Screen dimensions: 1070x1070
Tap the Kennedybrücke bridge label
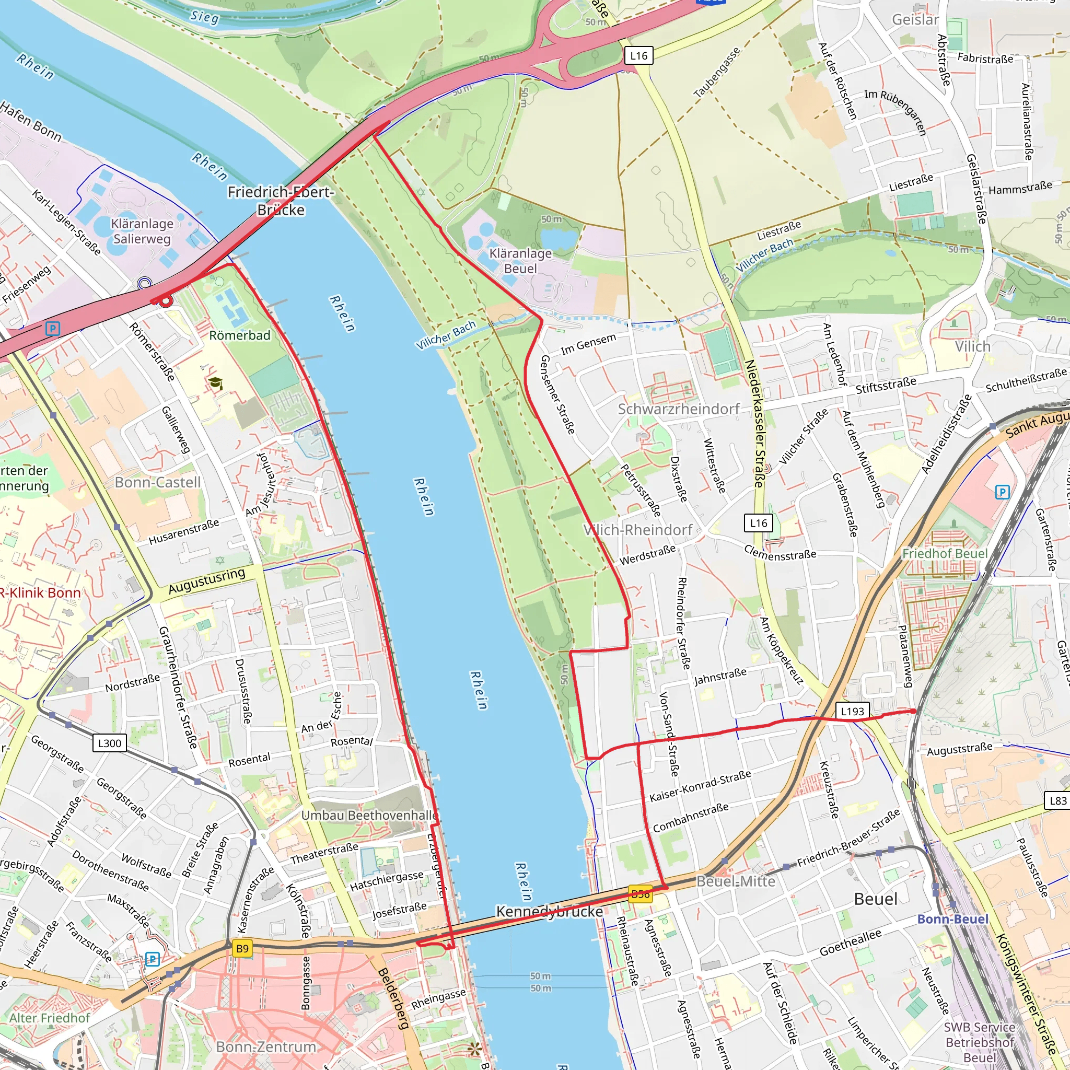(x=549, y=912)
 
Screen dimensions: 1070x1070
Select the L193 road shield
(x=852, y=711)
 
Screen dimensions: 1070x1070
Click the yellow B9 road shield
(x=242, y=949)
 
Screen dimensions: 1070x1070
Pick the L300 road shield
(x=109, y=743)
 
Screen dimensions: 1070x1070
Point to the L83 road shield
(x=1057, y=801)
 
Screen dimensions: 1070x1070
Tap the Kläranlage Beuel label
(x=520, y=261)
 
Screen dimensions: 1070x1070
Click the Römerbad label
(x=240, y=335)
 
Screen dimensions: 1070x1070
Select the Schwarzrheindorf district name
(x=679, y=409)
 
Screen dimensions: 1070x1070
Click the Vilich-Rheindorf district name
(x=637, y=530)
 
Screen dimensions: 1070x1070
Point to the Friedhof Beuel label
(x=944, y=554)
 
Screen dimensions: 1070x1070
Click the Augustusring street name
(x=206, y=581)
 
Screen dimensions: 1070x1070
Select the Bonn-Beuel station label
(x=952, y=920)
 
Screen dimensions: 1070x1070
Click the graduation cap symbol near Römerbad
(x=215, y=383)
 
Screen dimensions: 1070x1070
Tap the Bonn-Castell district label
(x=157, y=482)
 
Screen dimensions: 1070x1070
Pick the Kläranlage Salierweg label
(x=142, y=231)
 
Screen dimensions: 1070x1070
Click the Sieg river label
(x=204, y=17)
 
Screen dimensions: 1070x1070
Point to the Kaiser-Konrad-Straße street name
(x=700, y=786)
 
